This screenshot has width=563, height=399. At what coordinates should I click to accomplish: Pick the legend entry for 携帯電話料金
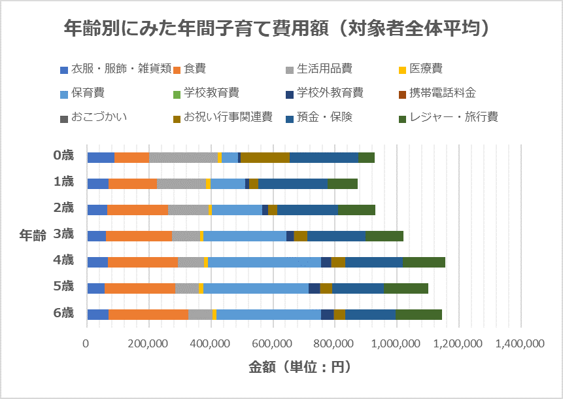click(x=442, y=92)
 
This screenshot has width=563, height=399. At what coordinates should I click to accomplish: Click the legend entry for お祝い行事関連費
click(x=227, y=117)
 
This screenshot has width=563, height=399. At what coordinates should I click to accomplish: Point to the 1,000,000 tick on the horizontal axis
click(x=397, y=343)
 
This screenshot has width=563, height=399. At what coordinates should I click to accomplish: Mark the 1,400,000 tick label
click(x=520, y=343)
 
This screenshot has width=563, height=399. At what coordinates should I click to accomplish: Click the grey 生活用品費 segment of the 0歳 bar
click(x=183, y=157)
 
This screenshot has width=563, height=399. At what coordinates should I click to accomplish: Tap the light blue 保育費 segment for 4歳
click(x=264, y=262)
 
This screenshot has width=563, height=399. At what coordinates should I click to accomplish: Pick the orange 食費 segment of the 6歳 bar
click(x=148, y=314)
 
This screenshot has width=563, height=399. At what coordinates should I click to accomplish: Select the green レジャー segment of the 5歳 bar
click(x=406, y=288)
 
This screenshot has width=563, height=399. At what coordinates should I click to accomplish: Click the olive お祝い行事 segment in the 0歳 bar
click(x=265, y=157)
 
